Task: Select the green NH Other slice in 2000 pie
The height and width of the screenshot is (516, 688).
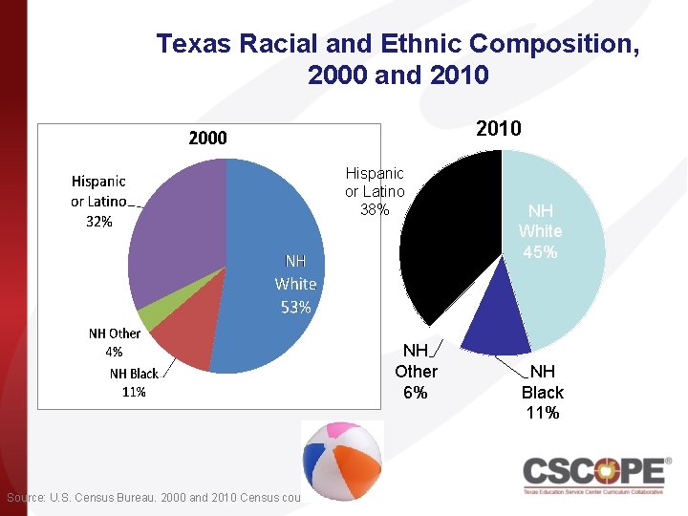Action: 146,319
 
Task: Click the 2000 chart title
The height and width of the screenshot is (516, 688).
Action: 207,138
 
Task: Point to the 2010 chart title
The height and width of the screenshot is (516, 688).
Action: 498,128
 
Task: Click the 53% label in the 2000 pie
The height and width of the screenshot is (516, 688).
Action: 295,307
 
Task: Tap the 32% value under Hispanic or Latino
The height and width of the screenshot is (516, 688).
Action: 98,221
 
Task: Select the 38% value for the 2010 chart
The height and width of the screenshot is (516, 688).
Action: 375,209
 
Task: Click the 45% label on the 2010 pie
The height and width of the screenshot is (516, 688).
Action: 540,252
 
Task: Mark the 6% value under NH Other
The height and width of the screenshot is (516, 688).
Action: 416,393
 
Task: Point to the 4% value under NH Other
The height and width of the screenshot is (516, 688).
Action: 114,351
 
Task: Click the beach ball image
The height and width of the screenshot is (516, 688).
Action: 342,461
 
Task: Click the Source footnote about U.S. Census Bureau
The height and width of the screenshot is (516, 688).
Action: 153,497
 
